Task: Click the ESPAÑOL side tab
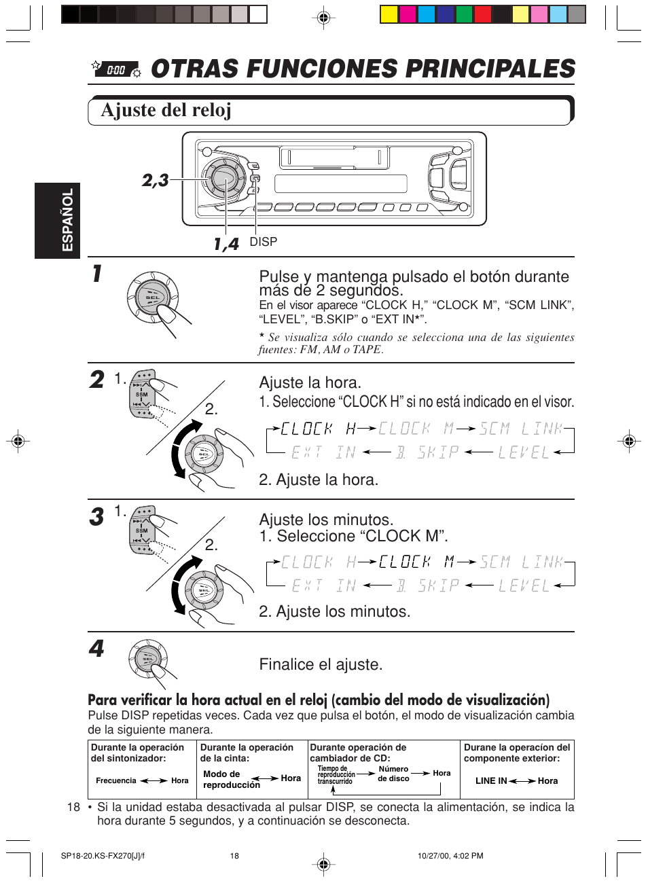[67, 220]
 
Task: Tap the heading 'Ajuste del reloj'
[166, 110]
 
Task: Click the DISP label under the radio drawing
[263, 242]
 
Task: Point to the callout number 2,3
[155, 180]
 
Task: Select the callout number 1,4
[226, 244]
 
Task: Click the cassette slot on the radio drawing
[334, 158]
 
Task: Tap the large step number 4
[96, 649]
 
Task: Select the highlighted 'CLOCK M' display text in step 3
[416, 562]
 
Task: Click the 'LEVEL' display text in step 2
[523, 452]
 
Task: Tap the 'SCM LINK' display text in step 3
[522, 562]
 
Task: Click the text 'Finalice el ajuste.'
[321, 664]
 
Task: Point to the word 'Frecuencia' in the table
[116, 781]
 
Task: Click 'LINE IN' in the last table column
[490, 781]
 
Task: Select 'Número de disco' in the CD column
[393, 774]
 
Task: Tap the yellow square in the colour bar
[389, 14]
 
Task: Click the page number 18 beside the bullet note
[73, 807]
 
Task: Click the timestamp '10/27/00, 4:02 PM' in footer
[450, 856]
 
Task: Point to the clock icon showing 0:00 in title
[116, 69]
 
